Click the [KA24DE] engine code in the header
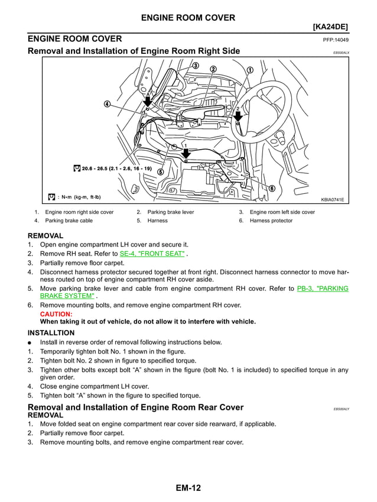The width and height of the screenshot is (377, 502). tap(330, 27)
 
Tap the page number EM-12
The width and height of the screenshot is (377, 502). tap(188, 488)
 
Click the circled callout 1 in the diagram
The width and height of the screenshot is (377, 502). tap(250, 70)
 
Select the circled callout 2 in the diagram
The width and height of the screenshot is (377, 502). tap(213, 69)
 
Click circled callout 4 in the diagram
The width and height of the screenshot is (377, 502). tap(107, 105)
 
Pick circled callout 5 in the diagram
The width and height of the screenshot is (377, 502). tap(161, 171)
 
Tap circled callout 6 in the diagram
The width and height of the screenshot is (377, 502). tap(272, 188)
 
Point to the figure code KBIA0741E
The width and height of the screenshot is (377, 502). tap(332, 199)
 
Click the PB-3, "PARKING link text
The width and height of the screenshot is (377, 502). tap(323, 289)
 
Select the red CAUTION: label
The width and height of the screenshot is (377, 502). tap(56, 314)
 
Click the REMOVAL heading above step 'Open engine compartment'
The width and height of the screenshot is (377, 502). tap(45, 235)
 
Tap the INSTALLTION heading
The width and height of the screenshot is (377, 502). tap(51, 333)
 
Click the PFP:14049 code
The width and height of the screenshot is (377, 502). tap(336, 40)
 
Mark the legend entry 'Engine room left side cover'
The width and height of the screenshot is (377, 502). tap(282, 212)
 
